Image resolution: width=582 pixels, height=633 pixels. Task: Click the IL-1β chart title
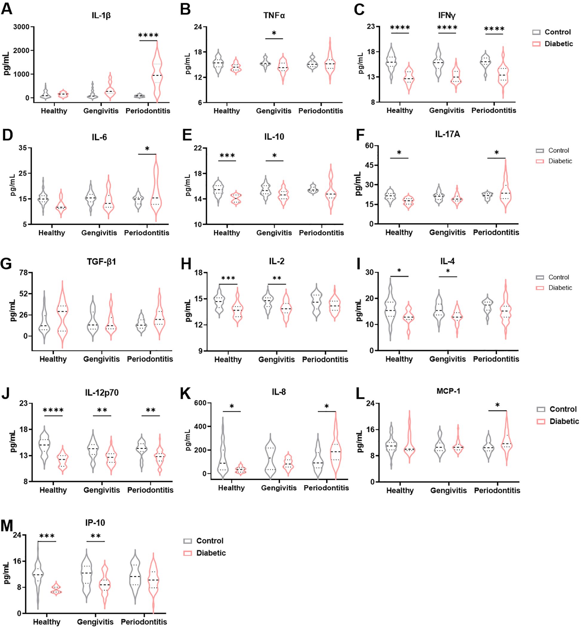point(101,16)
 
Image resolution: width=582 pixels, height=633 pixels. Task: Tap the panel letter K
point(185,393)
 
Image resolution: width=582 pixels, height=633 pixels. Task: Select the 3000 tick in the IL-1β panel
point(21,27)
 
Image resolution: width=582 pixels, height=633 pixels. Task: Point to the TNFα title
point(274,16)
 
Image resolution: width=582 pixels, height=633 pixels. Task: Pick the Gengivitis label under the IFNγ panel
point(446,110)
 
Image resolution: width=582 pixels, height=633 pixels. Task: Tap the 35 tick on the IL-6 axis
point(23,148)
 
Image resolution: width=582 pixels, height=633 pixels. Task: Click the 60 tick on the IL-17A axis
point(369,146)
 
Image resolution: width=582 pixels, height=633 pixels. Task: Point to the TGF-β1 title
point(102,262)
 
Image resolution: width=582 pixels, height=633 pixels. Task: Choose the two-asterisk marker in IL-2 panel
point(277,278)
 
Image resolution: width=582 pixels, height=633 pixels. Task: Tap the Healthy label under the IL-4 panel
point(399,359)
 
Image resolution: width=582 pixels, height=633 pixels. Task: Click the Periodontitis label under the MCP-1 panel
point(497,490)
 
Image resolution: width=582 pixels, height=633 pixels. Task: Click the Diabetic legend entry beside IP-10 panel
point(211,553)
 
